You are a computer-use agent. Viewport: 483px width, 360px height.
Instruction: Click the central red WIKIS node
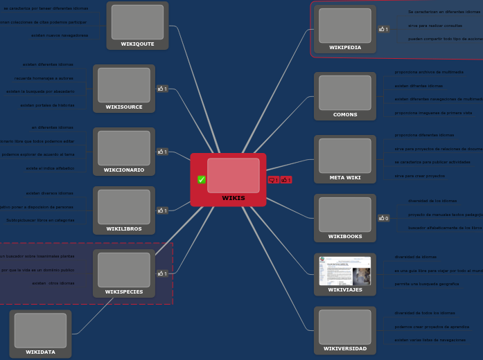[x=233, y=180]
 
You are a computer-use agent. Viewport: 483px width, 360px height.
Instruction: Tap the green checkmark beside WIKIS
[x=202, y=180]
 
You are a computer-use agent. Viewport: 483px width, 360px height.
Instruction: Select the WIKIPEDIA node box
[x=344, y=28]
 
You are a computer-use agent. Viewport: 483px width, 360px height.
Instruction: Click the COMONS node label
[x=345, y=115]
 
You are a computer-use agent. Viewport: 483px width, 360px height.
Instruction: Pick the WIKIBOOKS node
[x=344, y=218]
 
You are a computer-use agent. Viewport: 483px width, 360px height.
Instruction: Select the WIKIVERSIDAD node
[x=344, y=330]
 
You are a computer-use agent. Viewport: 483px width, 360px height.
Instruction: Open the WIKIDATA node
[x=40, y=334]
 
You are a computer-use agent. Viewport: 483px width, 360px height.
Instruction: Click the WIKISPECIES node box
[x=124, y=273]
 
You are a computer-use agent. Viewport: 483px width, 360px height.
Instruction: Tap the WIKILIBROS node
[x=124, y=210]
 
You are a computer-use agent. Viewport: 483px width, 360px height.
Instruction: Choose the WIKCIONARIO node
[x=124, y=151]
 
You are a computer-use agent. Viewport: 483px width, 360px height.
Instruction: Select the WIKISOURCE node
[x=124, y=88]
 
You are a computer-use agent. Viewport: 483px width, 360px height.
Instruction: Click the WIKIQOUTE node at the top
[x=137, y=26]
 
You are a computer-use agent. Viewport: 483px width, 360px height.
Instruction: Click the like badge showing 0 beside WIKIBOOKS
[x=383, y=218]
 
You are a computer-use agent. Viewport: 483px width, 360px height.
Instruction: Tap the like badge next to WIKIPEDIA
[x=383, y=29]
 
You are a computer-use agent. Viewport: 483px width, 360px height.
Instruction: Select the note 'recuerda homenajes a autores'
[x=44, y=78]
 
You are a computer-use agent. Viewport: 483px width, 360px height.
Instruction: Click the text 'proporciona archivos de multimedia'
[x=429, y=72]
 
